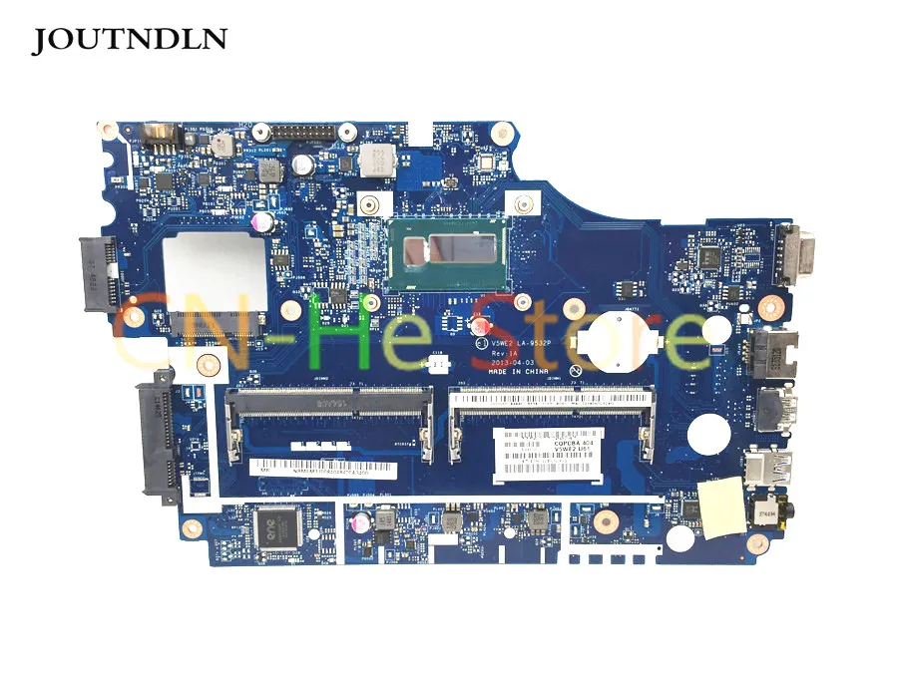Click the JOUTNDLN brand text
tap(131, 39)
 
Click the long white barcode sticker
tap(323, 468)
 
